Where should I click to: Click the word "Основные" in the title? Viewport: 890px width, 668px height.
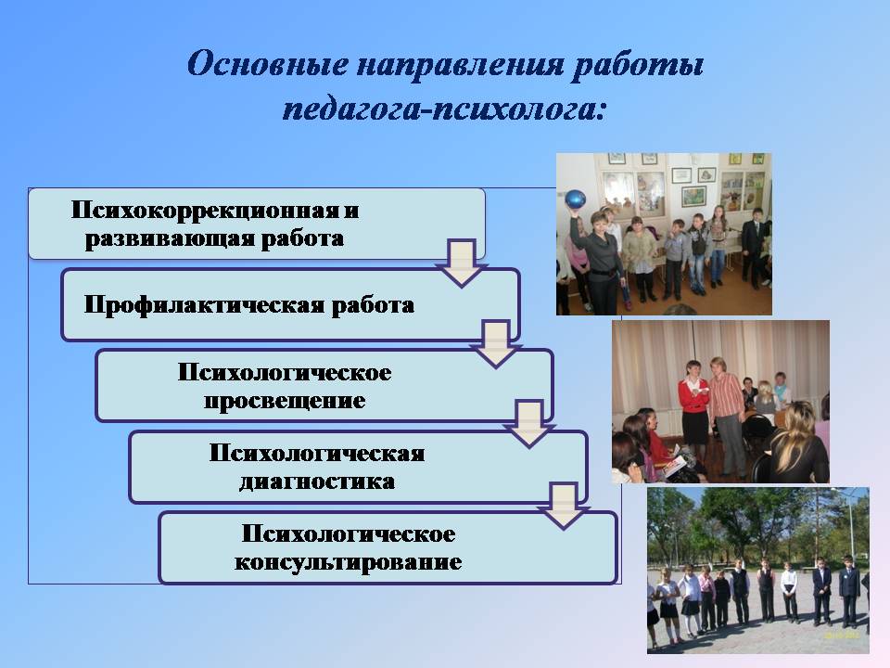[x=267, y=63]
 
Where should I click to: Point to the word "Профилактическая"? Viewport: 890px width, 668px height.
[x=203, y=305]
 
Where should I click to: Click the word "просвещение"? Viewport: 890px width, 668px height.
[x=285, y=401]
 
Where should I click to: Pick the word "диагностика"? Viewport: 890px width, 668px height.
[x=317, y=482]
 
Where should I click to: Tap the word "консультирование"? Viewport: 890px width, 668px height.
[x=348, y=562]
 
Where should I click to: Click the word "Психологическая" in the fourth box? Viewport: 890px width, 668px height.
[x=317, y=454]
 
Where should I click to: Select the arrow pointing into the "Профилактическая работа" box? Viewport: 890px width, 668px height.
[x=462, y=263]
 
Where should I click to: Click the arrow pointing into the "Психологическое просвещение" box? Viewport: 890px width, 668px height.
[x=495, y=343]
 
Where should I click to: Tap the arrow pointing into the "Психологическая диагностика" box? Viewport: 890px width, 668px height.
[x=529, y=424]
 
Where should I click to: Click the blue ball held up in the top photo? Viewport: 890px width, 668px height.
[x=575, y=200]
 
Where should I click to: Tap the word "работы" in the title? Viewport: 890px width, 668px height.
[x=638, y=64]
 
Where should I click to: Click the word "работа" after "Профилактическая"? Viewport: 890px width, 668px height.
[x=373, y=305]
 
